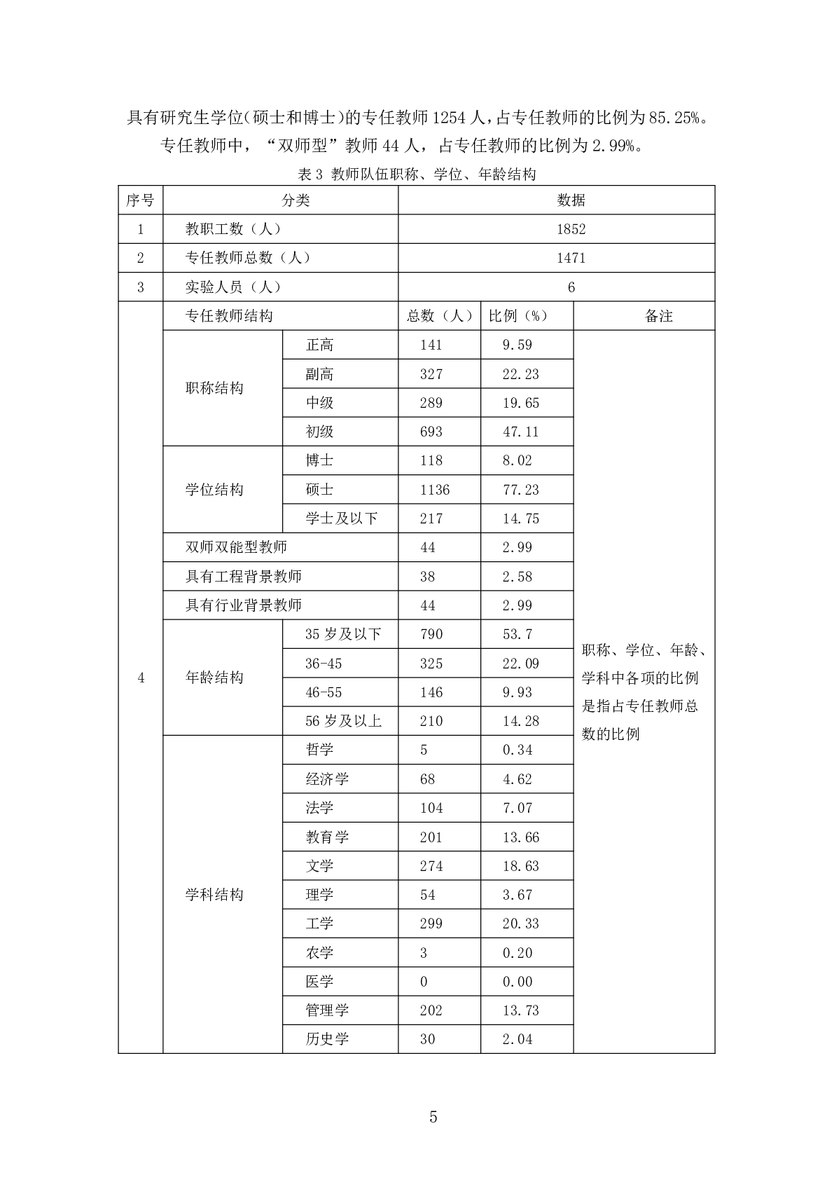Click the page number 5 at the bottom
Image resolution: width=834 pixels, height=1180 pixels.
point(433,1117)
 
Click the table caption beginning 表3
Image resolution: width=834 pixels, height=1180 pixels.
point(417,174)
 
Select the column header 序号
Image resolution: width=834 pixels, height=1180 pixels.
point(140,200)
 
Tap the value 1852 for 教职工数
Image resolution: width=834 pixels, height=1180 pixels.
point(571,229)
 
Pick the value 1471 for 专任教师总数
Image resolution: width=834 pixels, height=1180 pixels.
point(571,258)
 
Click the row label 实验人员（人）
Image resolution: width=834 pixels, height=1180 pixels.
point(233,287)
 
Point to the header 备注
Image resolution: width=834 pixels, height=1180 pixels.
point(658,316)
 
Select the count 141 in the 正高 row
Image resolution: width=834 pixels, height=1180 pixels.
point(431,345)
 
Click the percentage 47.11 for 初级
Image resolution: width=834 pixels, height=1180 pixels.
point(520,432)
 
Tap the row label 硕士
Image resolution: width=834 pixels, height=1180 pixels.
point(319,490)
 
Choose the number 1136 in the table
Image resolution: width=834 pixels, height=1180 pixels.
point(435,490)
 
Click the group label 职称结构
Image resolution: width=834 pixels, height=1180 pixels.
point(214,388)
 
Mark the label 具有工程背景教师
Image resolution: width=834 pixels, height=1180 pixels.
point(244,577)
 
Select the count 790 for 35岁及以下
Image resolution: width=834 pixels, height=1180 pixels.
point(431,634)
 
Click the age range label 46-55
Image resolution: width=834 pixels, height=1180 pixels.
point(324,692)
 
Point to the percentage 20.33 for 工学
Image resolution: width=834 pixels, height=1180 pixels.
point(520,924)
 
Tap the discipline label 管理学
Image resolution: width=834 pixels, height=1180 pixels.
point(327,1010)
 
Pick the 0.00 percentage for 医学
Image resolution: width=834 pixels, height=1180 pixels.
point(517,982)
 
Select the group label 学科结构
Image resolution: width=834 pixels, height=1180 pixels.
point(214,895)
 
